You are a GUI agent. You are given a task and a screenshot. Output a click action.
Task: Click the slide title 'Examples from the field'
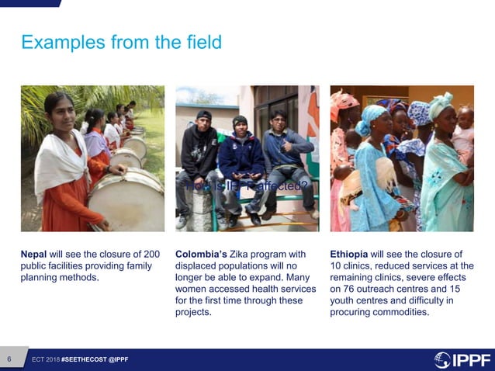pos(121,42)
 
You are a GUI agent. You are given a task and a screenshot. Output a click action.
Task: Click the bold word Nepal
pos(35,254)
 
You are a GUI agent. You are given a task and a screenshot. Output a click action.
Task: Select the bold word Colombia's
pos(201,254)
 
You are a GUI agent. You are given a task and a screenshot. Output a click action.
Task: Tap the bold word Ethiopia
pos(348,254)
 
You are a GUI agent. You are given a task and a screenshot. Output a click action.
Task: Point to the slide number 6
pos(9,359)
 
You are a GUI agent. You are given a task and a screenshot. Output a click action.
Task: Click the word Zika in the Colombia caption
pos(241,254)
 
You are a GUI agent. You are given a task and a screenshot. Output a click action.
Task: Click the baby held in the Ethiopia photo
pos(464,132)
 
